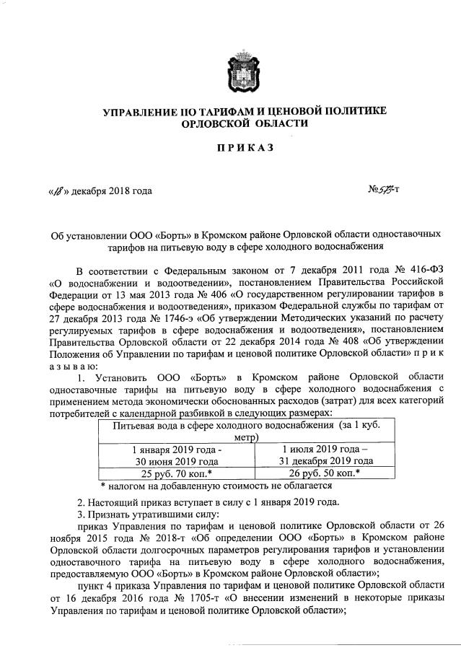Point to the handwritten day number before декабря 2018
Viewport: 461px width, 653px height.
(56, 191)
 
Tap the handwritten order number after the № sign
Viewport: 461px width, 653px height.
(389, 191)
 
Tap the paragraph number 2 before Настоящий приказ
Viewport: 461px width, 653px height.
(79, 502)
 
